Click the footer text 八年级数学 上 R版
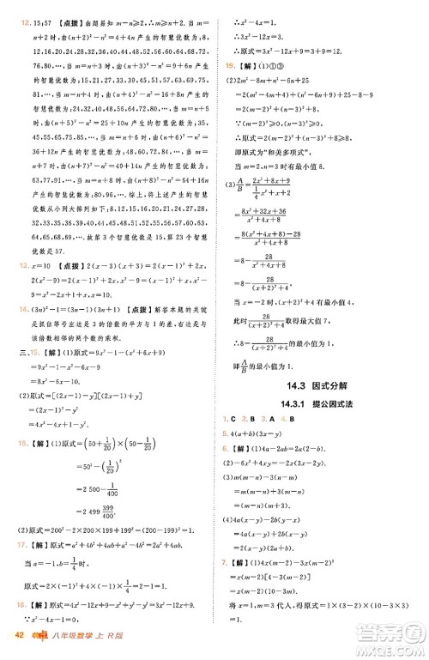[94, 636]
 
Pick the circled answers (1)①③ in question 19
[257, 65]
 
